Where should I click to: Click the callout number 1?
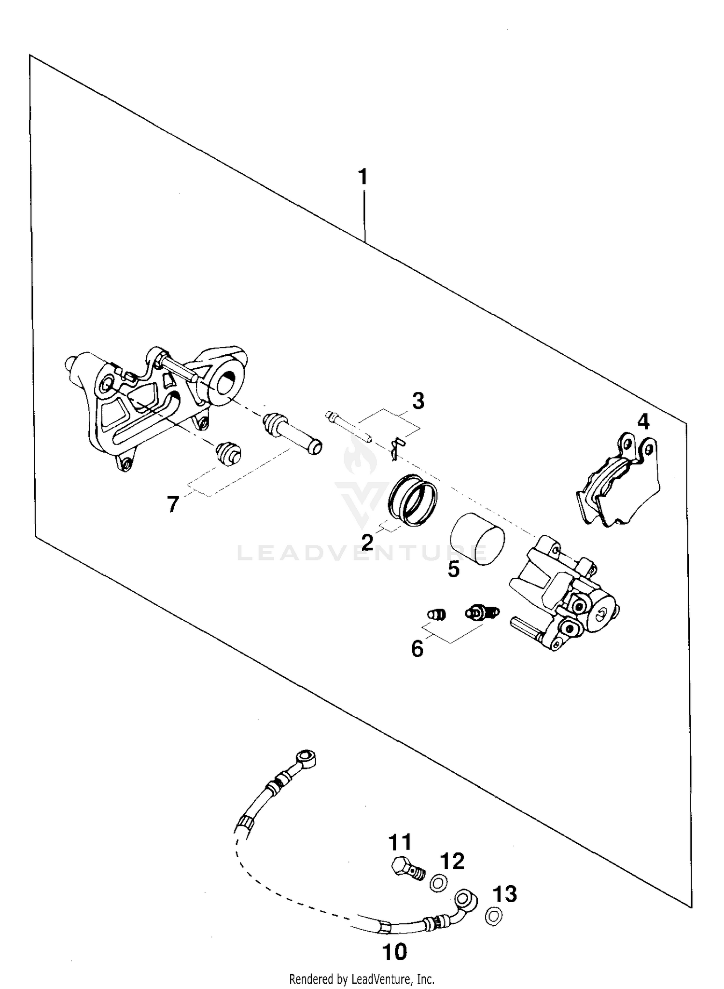coord(362,177)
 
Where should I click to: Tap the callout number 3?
coord(418,401)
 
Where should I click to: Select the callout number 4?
coord(643,422)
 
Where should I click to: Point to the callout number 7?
coord(173,504)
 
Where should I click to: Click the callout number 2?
coord(367,543)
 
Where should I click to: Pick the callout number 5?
coord(454,569)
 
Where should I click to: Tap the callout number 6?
coord(418,649)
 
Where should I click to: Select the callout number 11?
coord(400,842)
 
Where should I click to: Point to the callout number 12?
coord(452,861)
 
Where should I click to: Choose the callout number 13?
coord(505,894)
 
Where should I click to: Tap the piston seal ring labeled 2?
coord(413,499)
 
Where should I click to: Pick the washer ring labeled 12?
coord(438,883)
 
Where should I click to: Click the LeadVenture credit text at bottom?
coord(362,979)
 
